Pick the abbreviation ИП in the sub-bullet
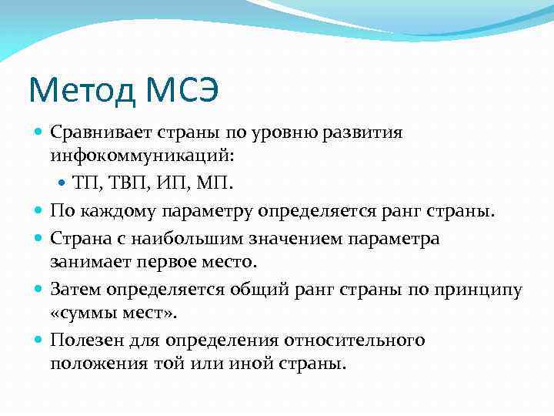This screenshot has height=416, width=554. point(165,184)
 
